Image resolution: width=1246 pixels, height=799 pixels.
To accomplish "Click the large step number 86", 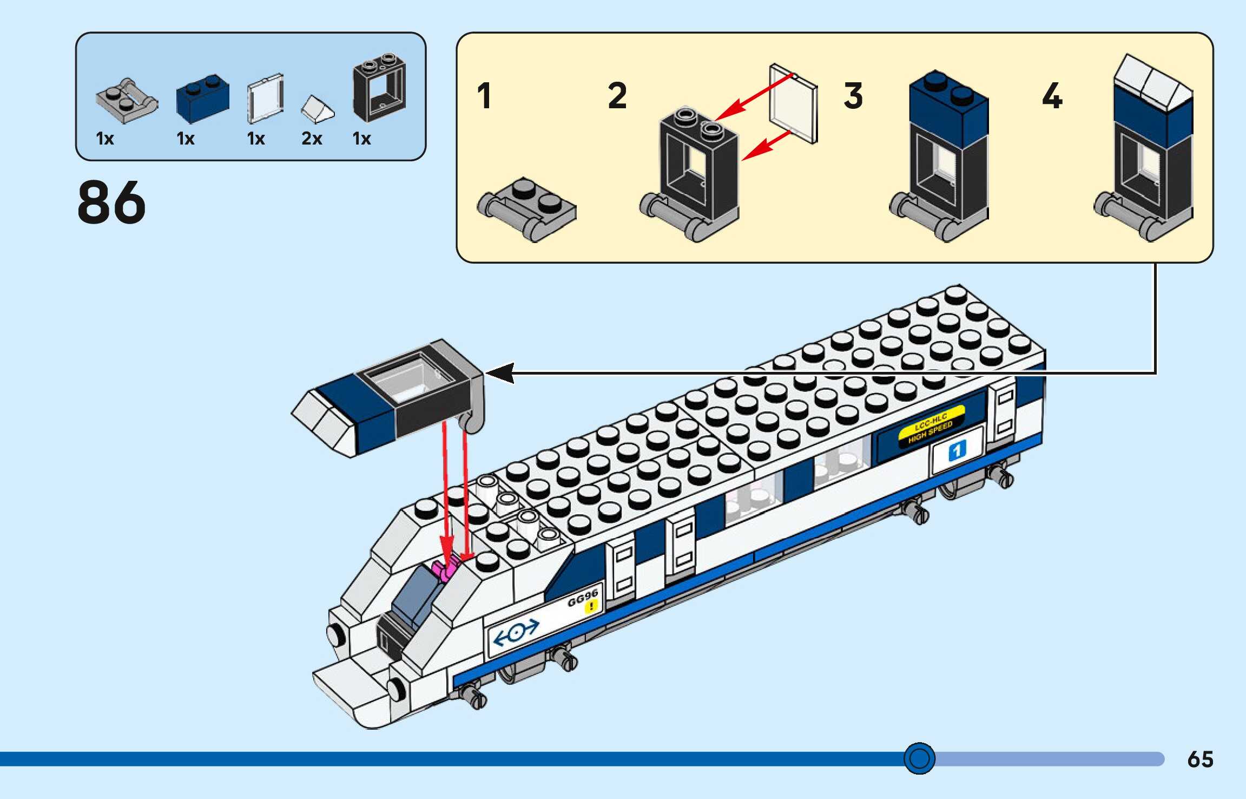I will click(x=111, y=202).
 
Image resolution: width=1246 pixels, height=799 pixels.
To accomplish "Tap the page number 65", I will click(x=1200, y=759).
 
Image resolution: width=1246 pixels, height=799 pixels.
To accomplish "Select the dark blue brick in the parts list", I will click(x=202, y=99).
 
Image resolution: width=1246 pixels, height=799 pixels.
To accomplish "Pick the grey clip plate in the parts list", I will click(x=127, y=101).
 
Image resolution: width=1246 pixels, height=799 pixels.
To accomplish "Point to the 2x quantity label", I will click(x=312, y=139).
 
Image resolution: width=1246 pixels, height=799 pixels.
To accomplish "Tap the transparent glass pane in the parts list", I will click(x=265, y=99).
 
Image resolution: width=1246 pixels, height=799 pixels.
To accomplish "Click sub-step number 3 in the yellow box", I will click(x=853, y=96).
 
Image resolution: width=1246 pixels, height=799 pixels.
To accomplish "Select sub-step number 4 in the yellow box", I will click(x=1052, y=96).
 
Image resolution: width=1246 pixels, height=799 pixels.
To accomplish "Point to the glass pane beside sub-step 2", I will click(x=793, y=104).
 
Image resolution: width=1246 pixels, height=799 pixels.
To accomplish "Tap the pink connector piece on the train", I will click(x=446, y=570).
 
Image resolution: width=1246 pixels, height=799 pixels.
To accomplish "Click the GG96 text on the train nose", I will click(x=582, y=598).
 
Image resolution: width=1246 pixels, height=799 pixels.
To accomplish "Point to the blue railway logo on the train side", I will click(x=516, y=632).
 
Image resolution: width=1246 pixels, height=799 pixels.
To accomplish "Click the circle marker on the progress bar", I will click(x=919, y=758).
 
